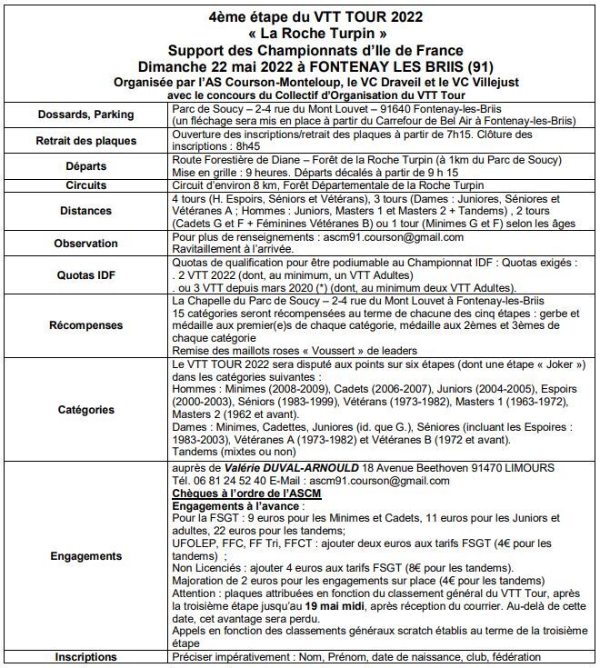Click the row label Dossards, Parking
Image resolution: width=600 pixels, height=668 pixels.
tap(85, 115)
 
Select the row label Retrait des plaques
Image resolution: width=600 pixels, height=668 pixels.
tap(85, 141)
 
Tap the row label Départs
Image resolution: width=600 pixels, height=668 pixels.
tap(85, 167)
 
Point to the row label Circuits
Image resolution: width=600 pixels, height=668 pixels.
tap(85, 184)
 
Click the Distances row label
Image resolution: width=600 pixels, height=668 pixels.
tap(85, 211)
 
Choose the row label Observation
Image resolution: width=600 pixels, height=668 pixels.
tap(85, 244)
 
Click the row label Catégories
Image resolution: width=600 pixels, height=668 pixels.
tap(85, 409)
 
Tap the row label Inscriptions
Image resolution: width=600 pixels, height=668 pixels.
tap(85, 657)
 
